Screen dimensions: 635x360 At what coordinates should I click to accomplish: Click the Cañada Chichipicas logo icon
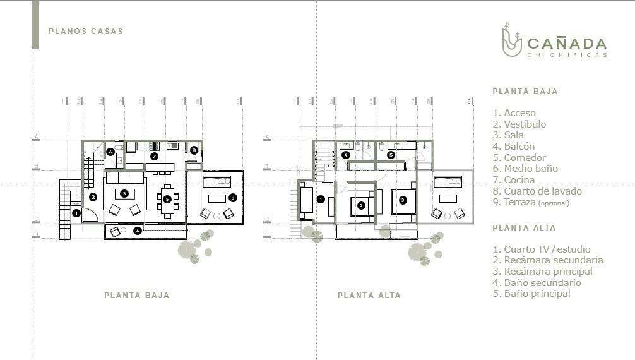click(511, 40)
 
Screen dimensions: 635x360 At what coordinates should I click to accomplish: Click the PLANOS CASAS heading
click(86, 31)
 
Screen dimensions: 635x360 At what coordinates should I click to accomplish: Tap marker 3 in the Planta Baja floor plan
click(124, 194)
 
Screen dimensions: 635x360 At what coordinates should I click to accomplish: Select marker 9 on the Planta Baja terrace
click(232, 198)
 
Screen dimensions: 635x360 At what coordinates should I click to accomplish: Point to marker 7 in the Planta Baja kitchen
click(154, 156)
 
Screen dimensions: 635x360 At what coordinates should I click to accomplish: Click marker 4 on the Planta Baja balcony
click(138, 231)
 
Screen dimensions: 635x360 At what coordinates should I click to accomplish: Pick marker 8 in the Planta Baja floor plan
click(194, 150)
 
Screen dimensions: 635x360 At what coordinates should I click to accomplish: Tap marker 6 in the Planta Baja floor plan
click(110, 152)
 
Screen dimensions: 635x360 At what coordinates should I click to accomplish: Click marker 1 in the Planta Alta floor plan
click(320, 199)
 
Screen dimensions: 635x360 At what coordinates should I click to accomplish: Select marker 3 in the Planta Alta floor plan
click(403, 200)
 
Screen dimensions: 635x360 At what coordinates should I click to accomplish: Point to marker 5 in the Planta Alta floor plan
click(391, 155)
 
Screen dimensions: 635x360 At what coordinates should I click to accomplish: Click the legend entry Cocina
click(514, 179)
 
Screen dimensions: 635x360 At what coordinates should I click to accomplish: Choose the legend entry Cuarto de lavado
click(537, 191)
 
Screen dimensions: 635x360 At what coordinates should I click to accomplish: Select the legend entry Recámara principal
click(543, 271)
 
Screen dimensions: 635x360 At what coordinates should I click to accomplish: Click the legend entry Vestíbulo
click(519, 124)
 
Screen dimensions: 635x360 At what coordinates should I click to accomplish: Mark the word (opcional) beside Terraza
click(554, 203)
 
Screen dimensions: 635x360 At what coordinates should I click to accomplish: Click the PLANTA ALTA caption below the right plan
click(369, 296)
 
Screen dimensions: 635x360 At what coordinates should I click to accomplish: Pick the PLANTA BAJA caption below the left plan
click(137, 296)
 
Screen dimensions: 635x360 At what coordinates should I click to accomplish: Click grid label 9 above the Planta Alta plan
click(470, 101)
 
